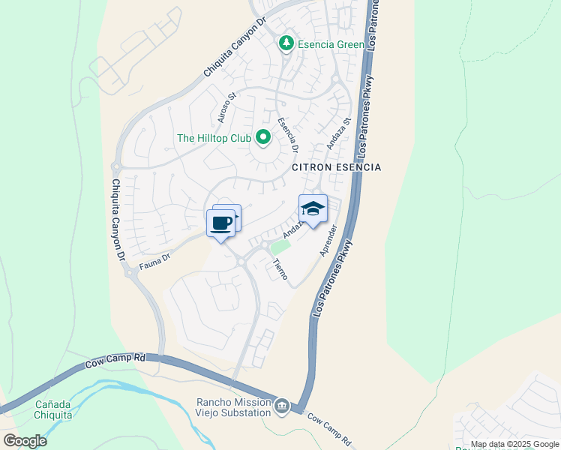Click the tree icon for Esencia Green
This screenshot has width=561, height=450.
tap(286, 44)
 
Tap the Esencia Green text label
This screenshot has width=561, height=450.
tap(331, 44)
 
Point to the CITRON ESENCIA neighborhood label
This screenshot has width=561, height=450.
tap(336, 167)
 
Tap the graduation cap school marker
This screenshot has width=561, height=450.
tap(313, 208)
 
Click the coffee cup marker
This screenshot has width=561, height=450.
tap(220, 223)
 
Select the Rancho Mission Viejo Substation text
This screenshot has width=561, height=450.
tap(233, 407)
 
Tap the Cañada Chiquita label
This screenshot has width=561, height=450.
tap(54, 409)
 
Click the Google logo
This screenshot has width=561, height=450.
tap(25, 440)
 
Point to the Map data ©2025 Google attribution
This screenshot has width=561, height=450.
tap(514, 444)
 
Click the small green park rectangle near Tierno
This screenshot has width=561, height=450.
tap(280, 247)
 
